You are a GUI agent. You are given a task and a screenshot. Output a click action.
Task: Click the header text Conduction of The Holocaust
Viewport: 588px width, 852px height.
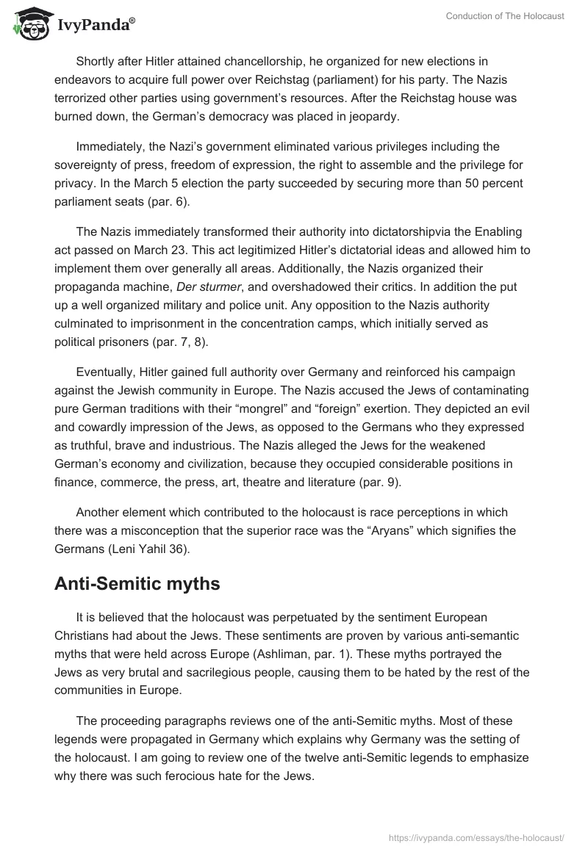pyautogui.click(x=505, y=16)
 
